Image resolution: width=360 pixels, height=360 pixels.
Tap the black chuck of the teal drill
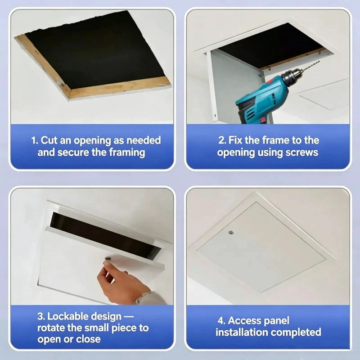coord(290,78)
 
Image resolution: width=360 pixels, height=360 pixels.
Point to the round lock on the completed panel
coord(231,233)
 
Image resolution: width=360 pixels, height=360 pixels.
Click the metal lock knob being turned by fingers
coord(108,259)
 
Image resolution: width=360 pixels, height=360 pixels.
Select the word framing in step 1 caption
coord(127,153)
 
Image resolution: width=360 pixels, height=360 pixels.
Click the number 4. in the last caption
coord(221,321)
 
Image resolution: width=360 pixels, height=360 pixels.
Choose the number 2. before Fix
coord(222,140)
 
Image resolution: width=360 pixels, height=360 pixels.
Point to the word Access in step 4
coord(244,321)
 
